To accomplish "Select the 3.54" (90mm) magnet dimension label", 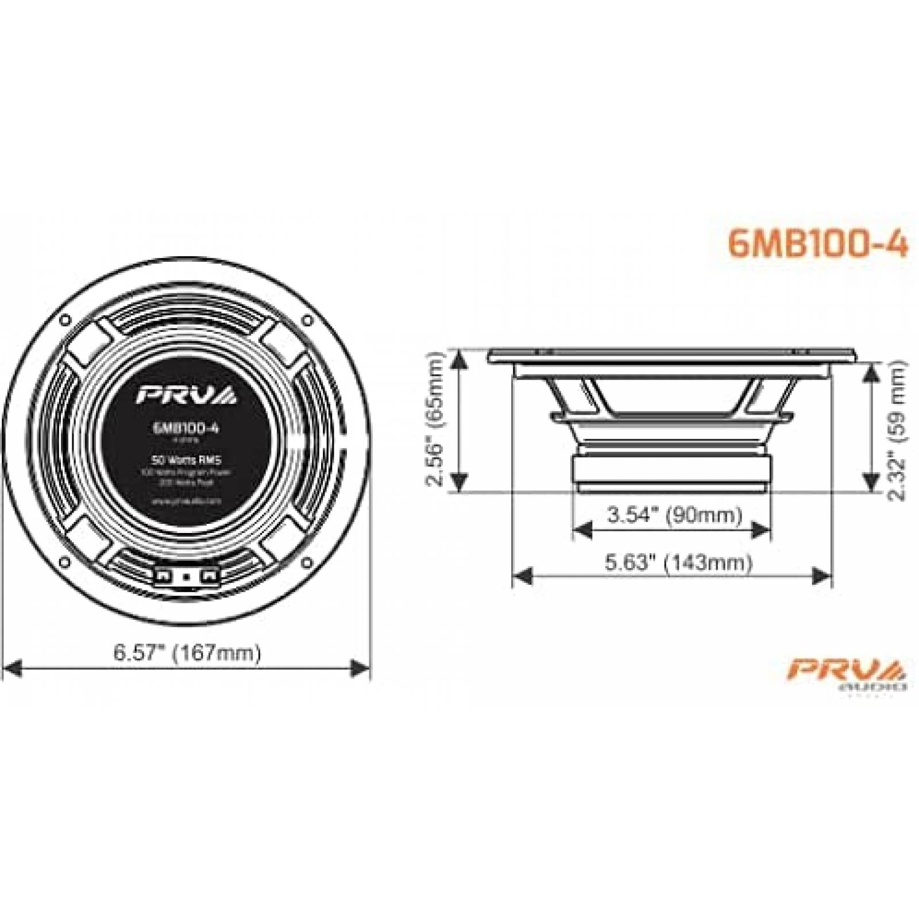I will pyautogui.click(x=674, y=515).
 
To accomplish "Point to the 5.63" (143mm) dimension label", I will pyautogui.click(x=678, y=562).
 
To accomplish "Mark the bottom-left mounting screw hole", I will pyautogui.click(x=65, y=563).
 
